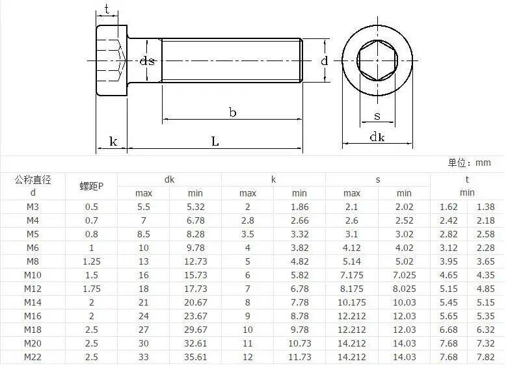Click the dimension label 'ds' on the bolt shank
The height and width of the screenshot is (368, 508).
click(147, 61)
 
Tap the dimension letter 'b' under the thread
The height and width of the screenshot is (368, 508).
click(233, 112)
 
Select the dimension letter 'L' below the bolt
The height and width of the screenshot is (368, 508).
click(215, 141)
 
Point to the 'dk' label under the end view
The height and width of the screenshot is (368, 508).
click(377, 137)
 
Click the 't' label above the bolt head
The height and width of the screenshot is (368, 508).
click(107, 9)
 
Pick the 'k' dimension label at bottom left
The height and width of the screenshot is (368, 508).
click(113, 142)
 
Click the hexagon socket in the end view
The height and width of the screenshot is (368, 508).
click(377, 60)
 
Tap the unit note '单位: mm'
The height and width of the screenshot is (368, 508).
click(469, 163)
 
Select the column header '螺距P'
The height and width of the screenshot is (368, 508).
click(91, 186)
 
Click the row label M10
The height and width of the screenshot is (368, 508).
click(33, 275)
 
